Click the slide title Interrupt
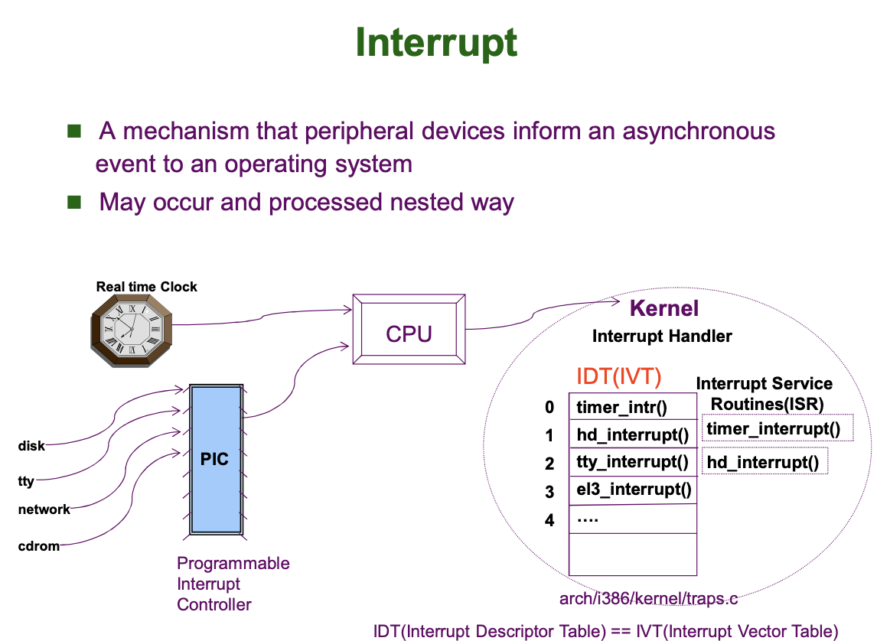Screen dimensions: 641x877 coord(436,44)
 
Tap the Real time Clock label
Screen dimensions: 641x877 coord(146,287)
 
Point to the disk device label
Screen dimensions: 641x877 coord(31,446)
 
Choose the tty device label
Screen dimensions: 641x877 coord(26,482)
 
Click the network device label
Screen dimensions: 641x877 coord(44,509)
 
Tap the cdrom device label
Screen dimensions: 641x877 coord(38,546)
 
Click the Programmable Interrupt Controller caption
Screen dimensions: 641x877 coord(233,584)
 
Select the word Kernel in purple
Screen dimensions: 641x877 coord(663,308)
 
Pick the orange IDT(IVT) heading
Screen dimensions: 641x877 coord(618,376)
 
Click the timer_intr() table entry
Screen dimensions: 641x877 coord(621,407)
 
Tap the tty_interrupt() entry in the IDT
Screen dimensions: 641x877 coord(632,461)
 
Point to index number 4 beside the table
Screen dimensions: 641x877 coord(549,520)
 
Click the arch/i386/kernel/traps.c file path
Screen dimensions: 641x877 coord(648,598)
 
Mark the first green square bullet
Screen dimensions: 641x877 coord(74,131)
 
